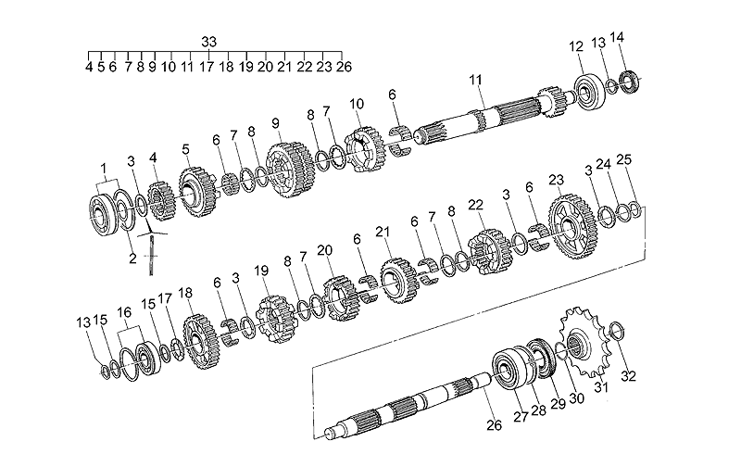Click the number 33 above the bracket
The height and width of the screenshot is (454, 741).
pyautogui.click(x=208, y=41)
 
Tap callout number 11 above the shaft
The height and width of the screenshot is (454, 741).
pyautogui.click(x=475, y=82)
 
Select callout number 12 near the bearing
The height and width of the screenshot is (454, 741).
pyautogui.click(x=576, y=45)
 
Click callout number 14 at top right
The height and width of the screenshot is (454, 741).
pyautogui.click(x=617, y=38)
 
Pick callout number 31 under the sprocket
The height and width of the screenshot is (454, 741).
pyautogui.click(x=601, y=386)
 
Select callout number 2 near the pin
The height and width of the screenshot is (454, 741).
pyautogui.click(x=132, y=259)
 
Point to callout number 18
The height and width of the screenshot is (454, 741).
pyautogui.click(x=185, y=293)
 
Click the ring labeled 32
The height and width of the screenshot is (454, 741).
pyautogui.click(x=620, y=329)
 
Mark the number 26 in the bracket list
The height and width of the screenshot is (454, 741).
pyautogui.click(x=344, y=67)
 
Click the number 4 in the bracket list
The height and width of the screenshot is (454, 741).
pyautogui.click(x=88, y=67)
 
